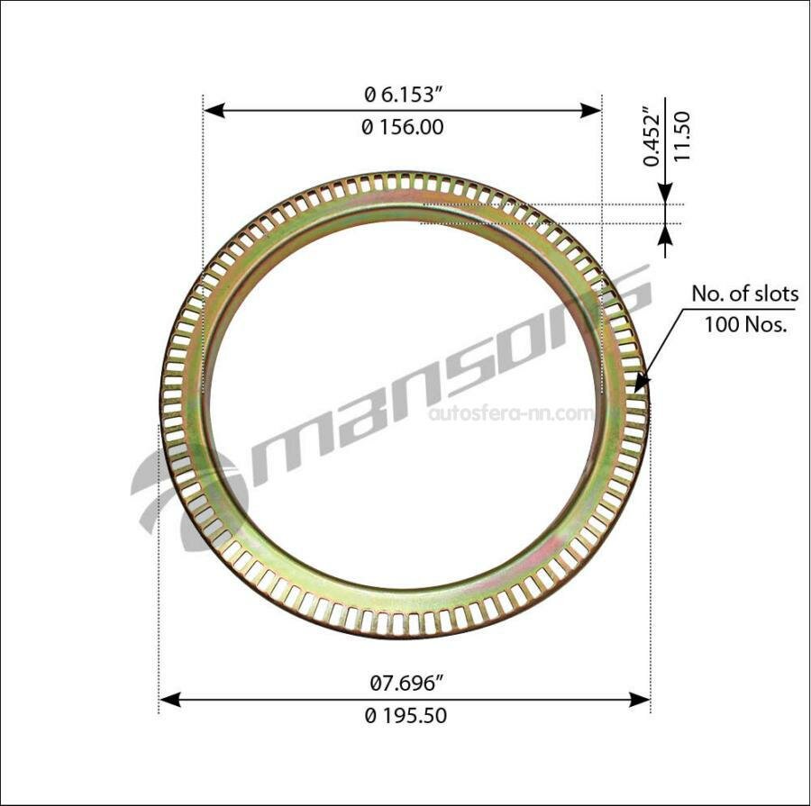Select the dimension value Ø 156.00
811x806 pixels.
(402, 128)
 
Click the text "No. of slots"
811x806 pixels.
(744, 294)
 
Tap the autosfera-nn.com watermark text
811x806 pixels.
(511, 413)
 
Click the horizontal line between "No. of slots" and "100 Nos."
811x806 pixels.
(744, 309)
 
